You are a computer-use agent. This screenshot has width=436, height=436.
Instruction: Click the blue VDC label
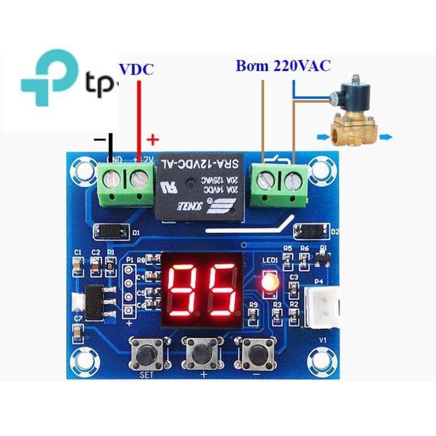point(136,69)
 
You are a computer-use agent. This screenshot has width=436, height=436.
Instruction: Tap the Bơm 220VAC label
point(283,66)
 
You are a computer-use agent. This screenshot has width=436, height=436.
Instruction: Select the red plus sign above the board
point(152,139)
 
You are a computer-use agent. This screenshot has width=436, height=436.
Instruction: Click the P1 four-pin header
point(129,292)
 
